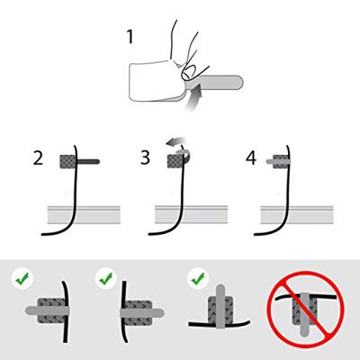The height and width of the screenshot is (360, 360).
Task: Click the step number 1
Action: click(x=130, y=38)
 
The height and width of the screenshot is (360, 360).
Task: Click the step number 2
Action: click(x=38, y=157)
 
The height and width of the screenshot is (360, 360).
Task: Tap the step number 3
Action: click(x=145, y=157)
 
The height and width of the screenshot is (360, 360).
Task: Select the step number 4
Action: click(x=251, y=157)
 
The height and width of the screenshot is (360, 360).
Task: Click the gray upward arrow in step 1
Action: click(x=193, y=98)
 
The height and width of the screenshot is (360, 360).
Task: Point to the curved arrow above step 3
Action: click(x=177, y=145)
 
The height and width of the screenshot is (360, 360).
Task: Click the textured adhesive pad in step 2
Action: click(x=68, y=162)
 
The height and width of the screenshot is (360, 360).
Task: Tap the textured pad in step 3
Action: click(x=174, y=162)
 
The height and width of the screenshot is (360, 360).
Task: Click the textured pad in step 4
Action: click(x=281, y=162)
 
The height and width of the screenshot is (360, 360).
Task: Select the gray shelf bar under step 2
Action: click(x=84, y=215)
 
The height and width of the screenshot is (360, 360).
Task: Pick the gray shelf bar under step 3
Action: click(x=191, y=215)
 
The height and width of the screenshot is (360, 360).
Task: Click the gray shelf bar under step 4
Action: click(x=297, y=215)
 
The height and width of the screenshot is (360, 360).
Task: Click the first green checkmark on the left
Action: click(x=22, y=279)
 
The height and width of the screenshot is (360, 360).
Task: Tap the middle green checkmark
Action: click(x=106, y=279)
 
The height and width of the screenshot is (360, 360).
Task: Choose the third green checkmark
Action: click(x=198, y=279)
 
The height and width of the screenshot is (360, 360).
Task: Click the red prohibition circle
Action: click(x=306, y=310)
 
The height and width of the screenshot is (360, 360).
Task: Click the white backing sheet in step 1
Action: click(x=153, y=81)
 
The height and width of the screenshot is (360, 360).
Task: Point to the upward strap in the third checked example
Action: click(x=220, y=306)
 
